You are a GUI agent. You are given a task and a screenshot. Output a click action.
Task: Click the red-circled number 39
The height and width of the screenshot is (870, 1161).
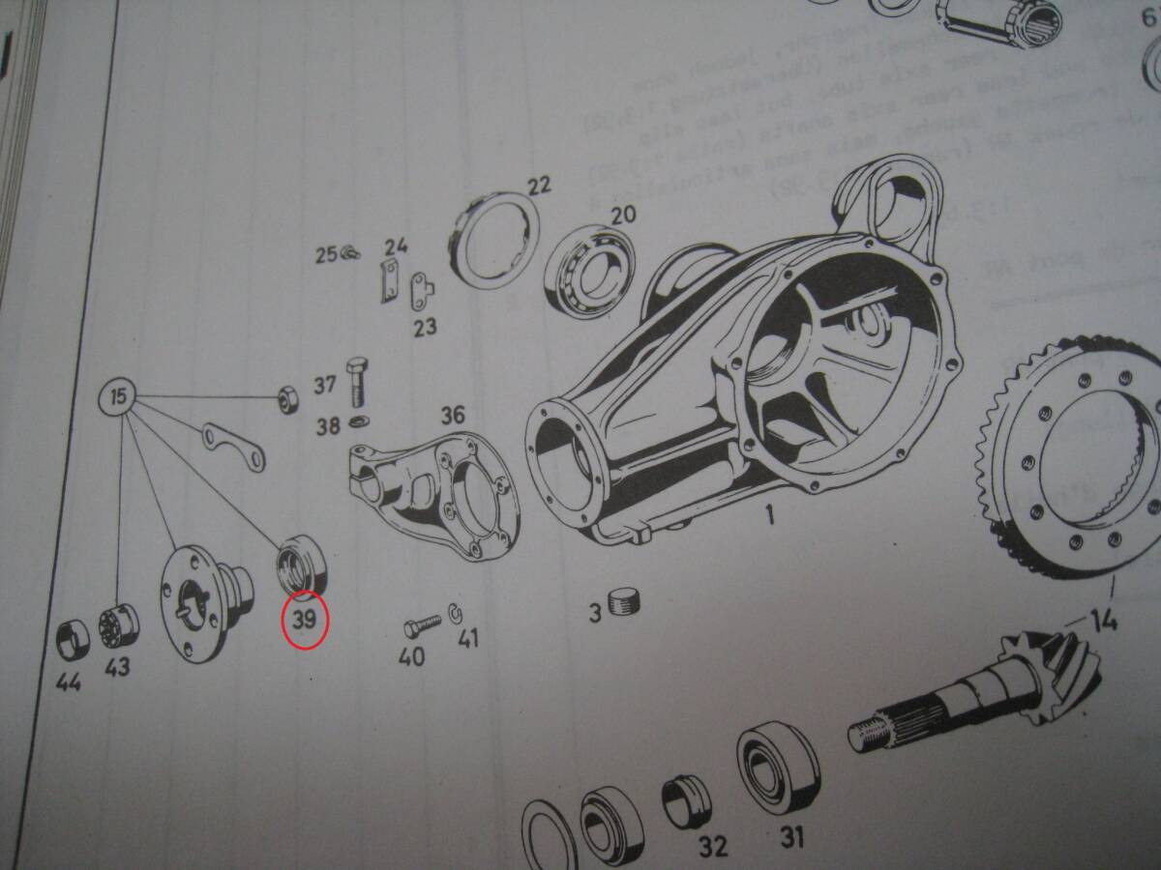(x=305, y=620)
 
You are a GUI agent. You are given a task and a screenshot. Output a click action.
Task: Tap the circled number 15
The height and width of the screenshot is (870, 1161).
(x=118, y=396)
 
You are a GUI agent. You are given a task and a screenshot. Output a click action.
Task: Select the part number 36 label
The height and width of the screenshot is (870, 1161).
(x=453, y=416)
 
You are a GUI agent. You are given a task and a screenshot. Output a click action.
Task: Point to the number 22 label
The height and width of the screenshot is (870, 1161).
(x=539, y=186)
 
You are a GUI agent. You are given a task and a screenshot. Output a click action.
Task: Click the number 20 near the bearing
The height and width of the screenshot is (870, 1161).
(x=622, y=214)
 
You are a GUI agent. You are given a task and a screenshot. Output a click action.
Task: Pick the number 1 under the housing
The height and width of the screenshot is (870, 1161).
(x=770, y=516)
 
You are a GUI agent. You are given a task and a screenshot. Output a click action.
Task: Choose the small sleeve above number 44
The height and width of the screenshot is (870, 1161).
(x=71, y=636)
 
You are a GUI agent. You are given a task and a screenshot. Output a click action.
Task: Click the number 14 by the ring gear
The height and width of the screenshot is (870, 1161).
(x=1101, y=619)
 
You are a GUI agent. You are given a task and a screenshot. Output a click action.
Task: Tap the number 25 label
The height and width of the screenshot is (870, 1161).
(x=324, y=255)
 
